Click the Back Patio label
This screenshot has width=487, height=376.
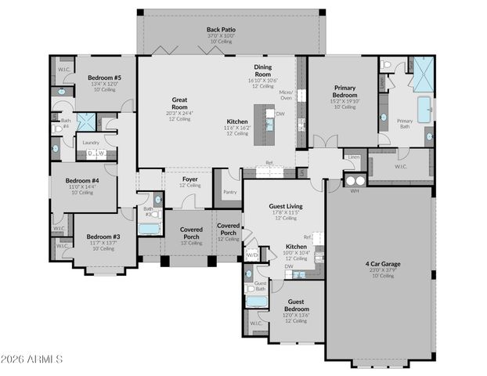click(x=221, y=30)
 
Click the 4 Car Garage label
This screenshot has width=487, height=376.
click(x=382, y=264)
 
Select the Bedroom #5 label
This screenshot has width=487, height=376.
click(x=104, y=78)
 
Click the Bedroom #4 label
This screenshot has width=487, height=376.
click(x=81, y=180)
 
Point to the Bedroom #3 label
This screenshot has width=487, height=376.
click(x=103, y=237)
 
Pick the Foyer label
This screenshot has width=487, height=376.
click(x=190, y=179)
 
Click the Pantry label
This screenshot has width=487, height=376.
click(x=229, y=191)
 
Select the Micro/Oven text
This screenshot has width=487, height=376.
click(x=286, y=95)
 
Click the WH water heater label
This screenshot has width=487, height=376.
click(x=354, y=190)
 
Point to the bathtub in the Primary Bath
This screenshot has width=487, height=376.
click(x=424, y=109)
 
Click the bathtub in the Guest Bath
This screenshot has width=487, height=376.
click(x=257, y=301)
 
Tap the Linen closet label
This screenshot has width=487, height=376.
click(x=353, y=157)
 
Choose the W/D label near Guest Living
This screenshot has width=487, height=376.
click(x=252, y=255)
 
